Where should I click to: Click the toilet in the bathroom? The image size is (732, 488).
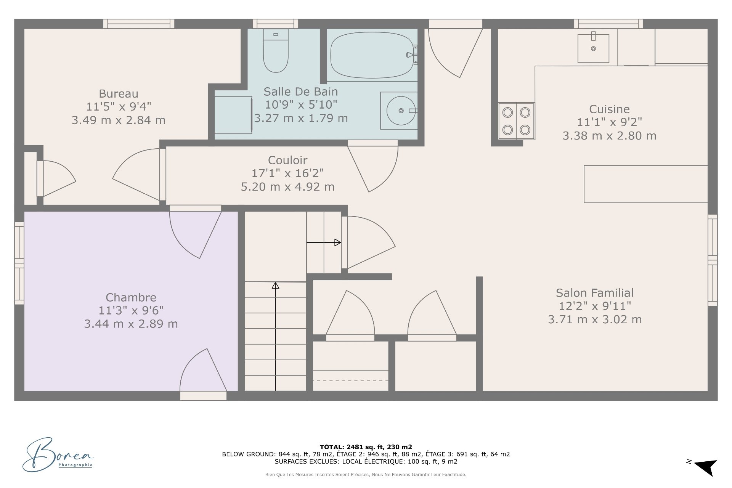(x=276, y=51)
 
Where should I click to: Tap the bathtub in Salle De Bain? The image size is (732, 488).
(x=372, y=55)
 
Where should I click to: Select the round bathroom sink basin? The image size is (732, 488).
(x=401, y=111)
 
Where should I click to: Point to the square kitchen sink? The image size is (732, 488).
(x=593, y=48)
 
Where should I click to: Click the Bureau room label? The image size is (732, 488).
(x=119, y=94)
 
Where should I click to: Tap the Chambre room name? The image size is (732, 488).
(x=131, y=297)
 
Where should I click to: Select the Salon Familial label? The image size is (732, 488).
(x=595, y=293)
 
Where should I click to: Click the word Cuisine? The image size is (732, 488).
(x=609, y=109)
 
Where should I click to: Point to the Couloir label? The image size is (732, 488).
(x=287, y=160)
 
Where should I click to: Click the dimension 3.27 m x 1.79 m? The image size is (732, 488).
(x=301, y=118)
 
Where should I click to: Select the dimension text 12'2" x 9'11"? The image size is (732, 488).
(x=595, y=306)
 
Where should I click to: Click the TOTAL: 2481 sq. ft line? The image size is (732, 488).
(x=366, y=447)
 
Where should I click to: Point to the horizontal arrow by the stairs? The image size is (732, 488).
(x=324, y=242)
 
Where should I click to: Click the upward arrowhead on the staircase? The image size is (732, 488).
(x=275, y=285)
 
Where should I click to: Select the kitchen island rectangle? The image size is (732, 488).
(x=646, y=184)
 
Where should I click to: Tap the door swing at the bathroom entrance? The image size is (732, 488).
(x=373, y=166)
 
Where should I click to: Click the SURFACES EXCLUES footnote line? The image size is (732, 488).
(x=366, y=461)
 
